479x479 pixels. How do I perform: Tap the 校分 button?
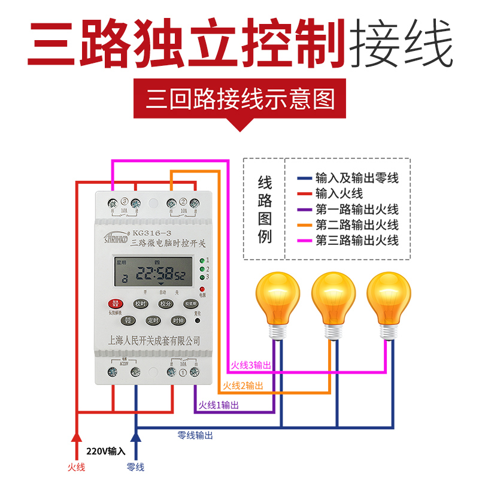click(165, 304)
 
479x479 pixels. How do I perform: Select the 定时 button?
click(153, 320)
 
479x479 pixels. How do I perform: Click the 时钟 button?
click(178, 320)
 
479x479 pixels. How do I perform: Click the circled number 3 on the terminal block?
click(125, 201)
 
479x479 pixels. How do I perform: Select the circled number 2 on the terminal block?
click(183, 201)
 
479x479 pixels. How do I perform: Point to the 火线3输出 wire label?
click(251, 365)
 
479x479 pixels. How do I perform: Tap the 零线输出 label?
click(195, 435)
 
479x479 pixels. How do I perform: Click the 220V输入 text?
click(106, 451)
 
